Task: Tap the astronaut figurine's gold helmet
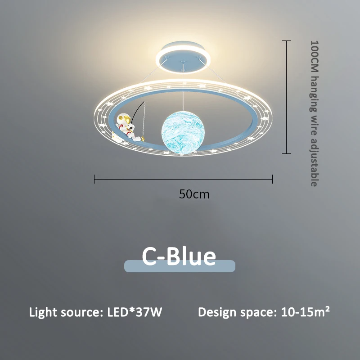tap(123, 119)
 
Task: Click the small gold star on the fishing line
tap(143, 139)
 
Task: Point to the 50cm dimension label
tap(194, 194)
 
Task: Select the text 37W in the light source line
tap(149, 312)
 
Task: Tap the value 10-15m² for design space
tap(306, 312)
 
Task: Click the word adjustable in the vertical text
tap(314, 162)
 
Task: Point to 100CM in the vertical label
tap(314, 58)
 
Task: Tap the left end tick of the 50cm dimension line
tap(94, 179)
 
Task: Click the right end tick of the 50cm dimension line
tap(272, 179)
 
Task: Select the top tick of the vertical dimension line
tap(287, 40)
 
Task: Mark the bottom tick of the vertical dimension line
tap(287, 153)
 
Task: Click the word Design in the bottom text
tap(217, 313)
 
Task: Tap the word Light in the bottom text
tap(43, 313)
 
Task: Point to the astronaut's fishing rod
tap(138, 111)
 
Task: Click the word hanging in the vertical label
tap(314, 94)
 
